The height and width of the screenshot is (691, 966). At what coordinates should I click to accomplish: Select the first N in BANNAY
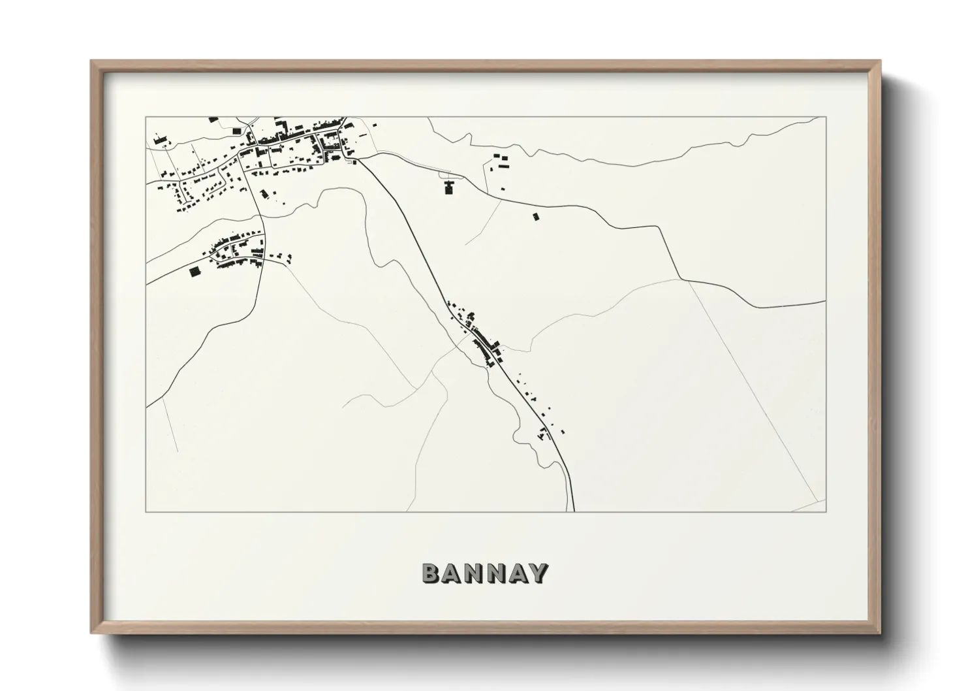pyautogui.click(x=474, y=573)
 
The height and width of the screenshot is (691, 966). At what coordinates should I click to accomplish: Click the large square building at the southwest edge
pyautogui.click(x=194, y=272)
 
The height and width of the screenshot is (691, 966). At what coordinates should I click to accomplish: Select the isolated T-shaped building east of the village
pyautogui.click(x=448, y=188)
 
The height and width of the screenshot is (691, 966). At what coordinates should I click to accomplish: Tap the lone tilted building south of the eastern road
pyautogui.click(x=536, y=216)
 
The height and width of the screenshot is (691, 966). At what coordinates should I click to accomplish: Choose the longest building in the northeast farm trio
pyautogui.click(x=503, y=165)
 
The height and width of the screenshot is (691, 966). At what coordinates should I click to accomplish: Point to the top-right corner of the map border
pyautogui.click(x=826, y=117)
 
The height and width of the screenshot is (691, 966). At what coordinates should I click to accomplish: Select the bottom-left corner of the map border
pyautogui.click(x=146, y=511)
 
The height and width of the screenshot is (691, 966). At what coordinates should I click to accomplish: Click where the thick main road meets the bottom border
pyautogui.click(x=574, y=511)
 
